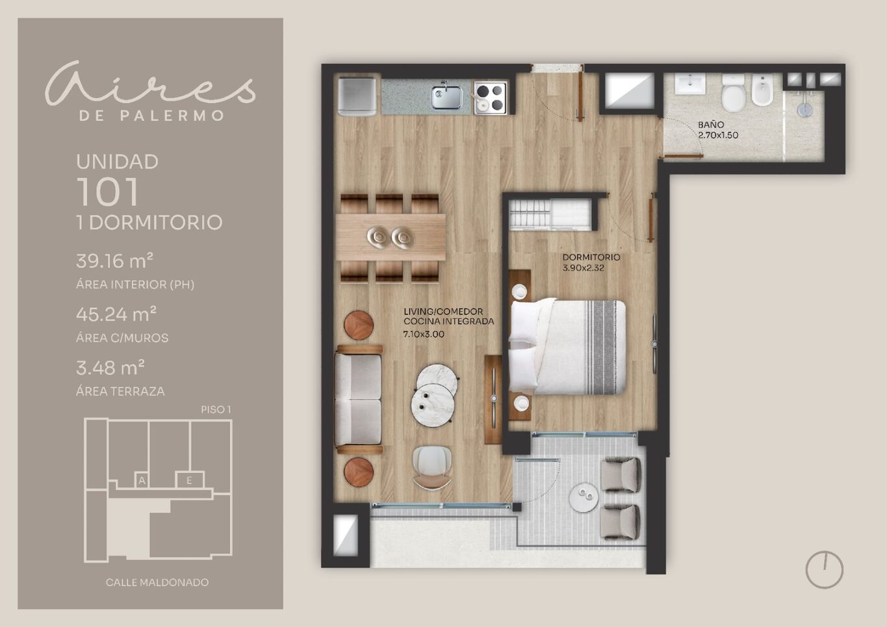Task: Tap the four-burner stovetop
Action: pyautogui.click(x=491, y=97)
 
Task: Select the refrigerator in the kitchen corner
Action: pyautogui.click(x=357, y=97)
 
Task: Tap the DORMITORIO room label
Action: pyautogui.click(x=591, y=257)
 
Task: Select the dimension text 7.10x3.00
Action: pyautogui.click(x=423, y=334)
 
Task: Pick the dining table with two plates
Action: pyautogui.click(x=391, y=237)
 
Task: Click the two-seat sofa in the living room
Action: pyautogui.click(x=359, y=399)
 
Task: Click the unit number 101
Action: pyautogui.click(x=108, y=192)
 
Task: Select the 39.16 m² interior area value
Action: pyautogui.click(x=114, y=261)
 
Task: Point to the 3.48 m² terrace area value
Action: pyautogui.click(x=110, y=368)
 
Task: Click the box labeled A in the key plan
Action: pyautogui.click(x=142, y=481)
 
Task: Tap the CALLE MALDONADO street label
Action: pyautogui.click(x=157, y=582)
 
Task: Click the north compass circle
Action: pyautogui.click(x=825, y=570)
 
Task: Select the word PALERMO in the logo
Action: pyautogui.click(x=172, y=116)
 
